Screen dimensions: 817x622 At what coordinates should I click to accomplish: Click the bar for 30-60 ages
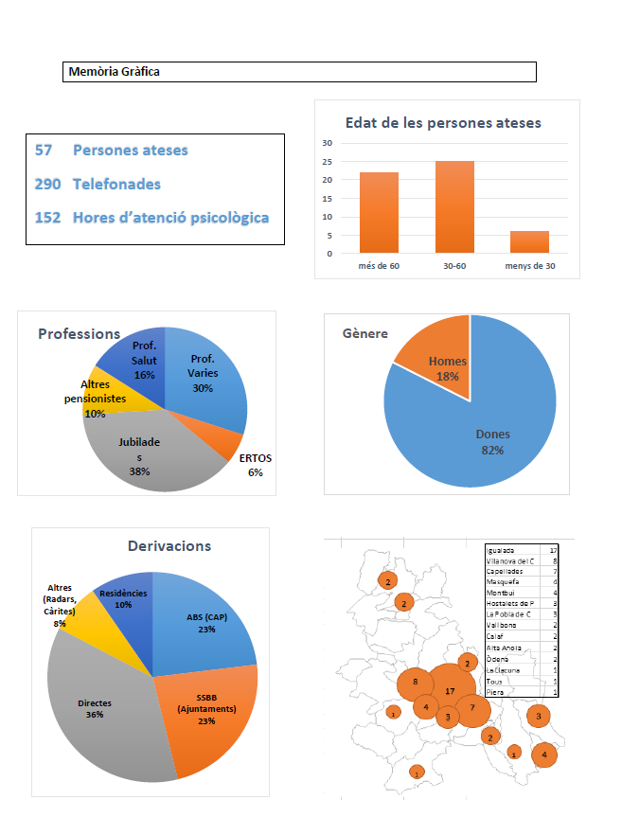click(x=454, y=207)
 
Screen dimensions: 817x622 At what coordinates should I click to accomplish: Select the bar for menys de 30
click(x=530, y=242)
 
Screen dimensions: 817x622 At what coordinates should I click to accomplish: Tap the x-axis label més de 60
click(x=379, y=266)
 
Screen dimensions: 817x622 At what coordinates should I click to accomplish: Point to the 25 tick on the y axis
click(x=328, y=180)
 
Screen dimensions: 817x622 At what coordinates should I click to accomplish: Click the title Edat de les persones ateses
click(x=444, y=123)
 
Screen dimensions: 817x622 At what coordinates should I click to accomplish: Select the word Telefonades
click(x=116, y=184)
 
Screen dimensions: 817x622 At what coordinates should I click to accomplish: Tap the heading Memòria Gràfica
click(x=115, y=71)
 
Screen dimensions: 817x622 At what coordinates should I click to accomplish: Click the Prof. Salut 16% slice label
click(x=144, y=360)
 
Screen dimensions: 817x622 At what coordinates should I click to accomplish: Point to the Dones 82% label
click(x=492, y=442)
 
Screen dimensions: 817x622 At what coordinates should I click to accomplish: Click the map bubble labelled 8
click(x=415, y=681)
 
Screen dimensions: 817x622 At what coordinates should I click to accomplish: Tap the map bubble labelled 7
click(x=472, y=708)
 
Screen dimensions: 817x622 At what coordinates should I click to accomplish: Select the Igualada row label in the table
click(x=501, y=549)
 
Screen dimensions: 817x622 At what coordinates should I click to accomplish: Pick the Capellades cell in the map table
click(x=505, y=572)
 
